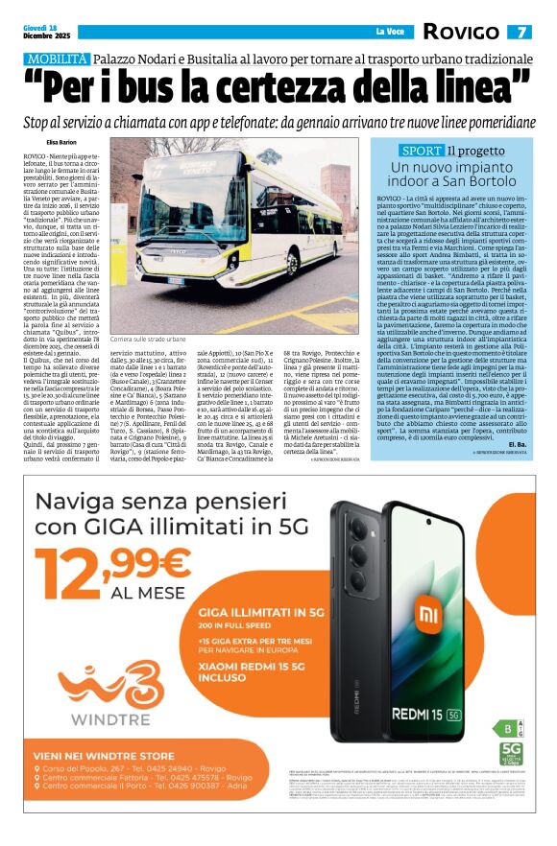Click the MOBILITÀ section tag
pyautogui.click(x=56, y=59)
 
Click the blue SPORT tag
pyautogui.click(x=421, y=151)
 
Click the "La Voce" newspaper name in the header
pyautogui.click(x=389, y=33)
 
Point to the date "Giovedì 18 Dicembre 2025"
pyautogui.click(x=42, y=33)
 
